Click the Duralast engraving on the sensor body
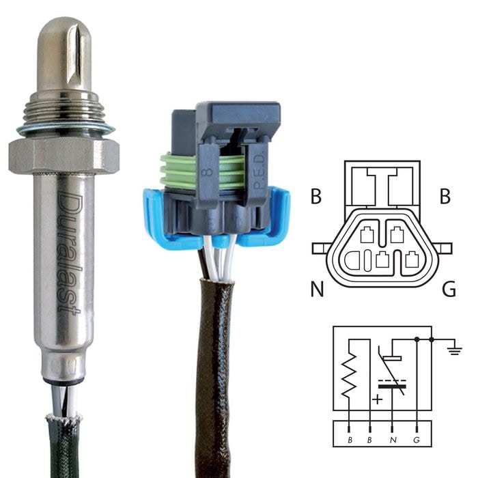coord(68,255)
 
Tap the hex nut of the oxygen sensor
coord(64,155)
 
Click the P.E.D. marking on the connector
coord(259,172)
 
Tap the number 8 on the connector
coord(208,172)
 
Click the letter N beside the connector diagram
coord(317,289)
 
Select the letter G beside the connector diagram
coord(449,289)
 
